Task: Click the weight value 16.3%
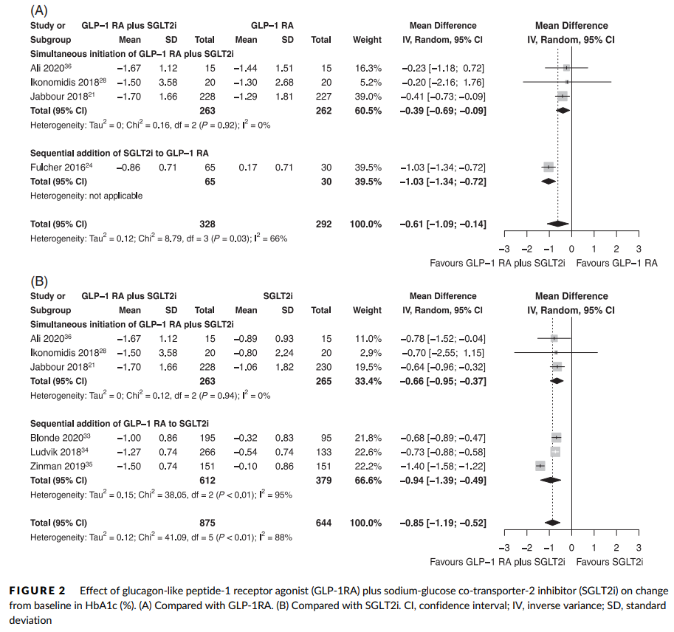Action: point(368,68)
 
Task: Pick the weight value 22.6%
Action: point(368,451)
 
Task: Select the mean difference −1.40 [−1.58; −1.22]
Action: point(442,467)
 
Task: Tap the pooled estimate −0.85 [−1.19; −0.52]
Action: point(442,523)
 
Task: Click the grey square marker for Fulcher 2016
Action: point(548,168)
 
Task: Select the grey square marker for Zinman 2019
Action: point(540,467)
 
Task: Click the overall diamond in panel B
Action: point(552,523)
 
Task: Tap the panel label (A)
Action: point(38,10)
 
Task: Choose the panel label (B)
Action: point(38,281)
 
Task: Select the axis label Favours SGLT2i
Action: point(609,562)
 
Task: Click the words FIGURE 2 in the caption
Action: point(37,591)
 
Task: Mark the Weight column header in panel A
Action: point(368,40)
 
